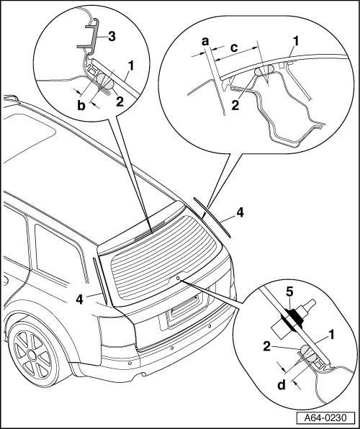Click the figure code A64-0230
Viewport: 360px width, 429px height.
click(325, 417)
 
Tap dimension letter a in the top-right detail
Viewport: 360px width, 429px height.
click(205, 42)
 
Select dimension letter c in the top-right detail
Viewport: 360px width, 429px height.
click(234, 48)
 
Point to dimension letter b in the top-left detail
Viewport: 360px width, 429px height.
click(81, 105)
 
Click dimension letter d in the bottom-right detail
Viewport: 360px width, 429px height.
click(282, 384)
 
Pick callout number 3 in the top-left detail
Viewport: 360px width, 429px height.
click(112, 36)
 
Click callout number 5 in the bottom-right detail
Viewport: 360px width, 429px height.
click(289, 292)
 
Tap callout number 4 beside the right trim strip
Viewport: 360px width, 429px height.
click(240, 212)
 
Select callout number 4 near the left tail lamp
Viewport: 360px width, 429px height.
click(79, 299)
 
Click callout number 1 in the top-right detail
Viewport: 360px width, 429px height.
click(296, 41)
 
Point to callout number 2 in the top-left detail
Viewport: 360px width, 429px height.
click(120, 101)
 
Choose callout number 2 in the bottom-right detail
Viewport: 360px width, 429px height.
click(267, 347)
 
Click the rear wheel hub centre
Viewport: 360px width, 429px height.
click(32, 355)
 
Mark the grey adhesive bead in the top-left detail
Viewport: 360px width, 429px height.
click(105, 81)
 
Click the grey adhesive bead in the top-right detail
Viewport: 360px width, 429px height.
click(264, 70)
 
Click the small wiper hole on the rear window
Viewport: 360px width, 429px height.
click(178, 278)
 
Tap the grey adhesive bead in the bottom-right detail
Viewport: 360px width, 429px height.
click(308, 353)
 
